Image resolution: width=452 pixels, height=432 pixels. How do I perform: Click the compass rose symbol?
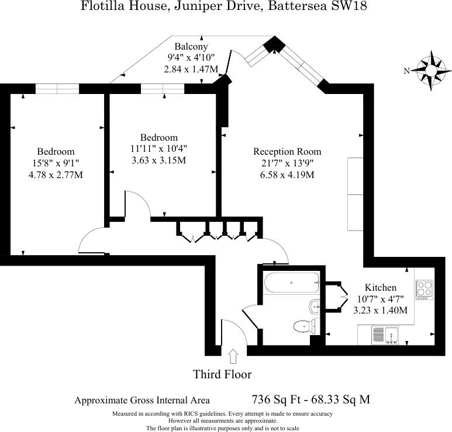click(x=431, y=71)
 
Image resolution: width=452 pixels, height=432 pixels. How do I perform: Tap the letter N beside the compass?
click(x=407, y=71)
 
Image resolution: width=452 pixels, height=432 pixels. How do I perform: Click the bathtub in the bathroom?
click(x=292, y=283)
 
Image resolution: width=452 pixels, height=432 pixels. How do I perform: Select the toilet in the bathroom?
click(x=305, y=326)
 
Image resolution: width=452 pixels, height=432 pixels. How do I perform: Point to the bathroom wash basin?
click(x=314, y=307)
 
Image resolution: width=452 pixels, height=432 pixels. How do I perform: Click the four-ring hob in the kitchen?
click(x=425, y=290)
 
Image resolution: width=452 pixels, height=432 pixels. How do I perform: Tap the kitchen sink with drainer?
click(x=385, y=335)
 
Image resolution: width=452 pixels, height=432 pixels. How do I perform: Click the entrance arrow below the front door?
click(x=233, y=356)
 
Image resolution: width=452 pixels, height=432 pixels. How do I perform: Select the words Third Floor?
click(x=222, y=374)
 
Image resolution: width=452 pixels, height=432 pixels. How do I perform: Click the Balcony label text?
click(x=191, y=46)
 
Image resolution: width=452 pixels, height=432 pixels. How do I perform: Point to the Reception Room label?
click(x=287, y=151)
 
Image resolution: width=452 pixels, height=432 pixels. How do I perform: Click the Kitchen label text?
click(x=381, y=287)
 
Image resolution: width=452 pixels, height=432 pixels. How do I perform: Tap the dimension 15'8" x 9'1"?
click(x=56, y=163)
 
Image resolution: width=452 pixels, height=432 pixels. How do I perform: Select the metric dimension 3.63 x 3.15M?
click(x=159, y=160)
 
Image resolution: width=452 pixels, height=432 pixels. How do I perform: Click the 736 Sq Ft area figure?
click(x=276, y=399)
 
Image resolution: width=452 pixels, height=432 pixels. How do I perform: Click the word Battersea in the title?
click(x=298, y=6)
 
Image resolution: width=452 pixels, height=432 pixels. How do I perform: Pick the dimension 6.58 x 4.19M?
click(x=287, y=175)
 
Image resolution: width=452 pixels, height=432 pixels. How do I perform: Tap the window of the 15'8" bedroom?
click(x=57, y=89)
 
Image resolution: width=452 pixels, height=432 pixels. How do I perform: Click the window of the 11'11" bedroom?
click(x=163, y=89)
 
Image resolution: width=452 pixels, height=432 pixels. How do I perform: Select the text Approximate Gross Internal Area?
click(x=142, y=400)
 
